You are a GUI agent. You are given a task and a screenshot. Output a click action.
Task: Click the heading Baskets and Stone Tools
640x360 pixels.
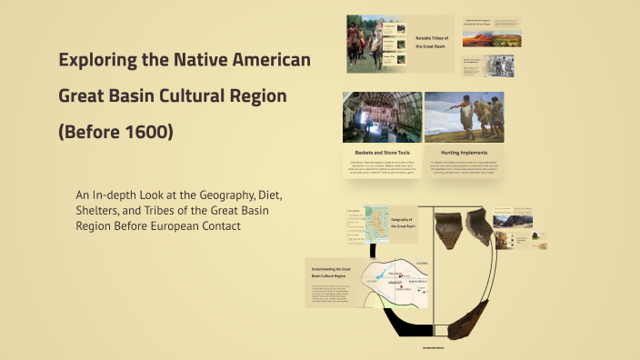coord(381,152)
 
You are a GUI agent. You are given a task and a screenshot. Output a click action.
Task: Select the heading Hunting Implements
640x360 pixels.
coord(464,152)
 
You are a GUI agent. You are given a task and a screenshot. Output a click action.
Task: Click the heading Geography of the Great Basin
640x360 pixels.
coord(402,223)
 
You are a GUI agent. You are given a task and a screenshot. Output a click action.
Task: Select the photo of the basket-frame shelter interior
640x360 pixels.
coord(381,116)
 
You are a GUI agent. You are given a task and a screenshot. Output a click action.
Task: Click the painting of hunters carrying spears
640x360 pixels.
coord(464,116)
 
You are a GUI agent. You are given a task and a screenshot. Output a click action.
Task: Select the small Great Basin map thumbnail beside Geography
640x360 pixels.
coord(375,224)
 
